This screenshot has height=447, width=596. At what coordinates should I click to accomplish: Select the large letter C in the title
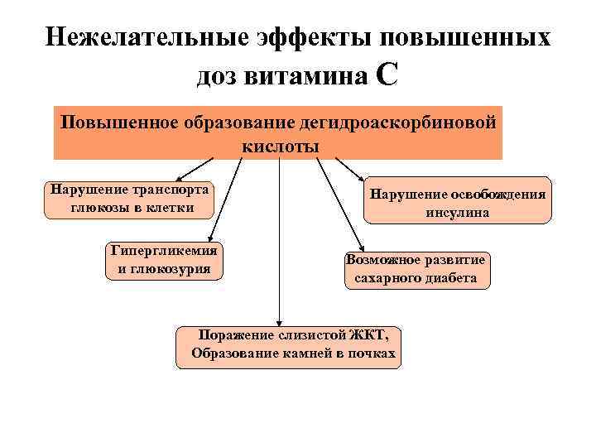click(x=387, y=75)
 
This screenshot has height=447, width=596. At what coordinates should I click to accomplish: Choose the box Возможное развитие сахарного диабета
click(x=416, y=269)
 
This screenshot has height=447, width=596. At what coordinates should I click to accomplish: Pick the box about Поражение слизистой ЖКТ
click(x=288, y=346)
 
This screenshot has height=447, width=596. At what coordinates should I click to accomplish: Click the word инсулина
click(x=458, y=212)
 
